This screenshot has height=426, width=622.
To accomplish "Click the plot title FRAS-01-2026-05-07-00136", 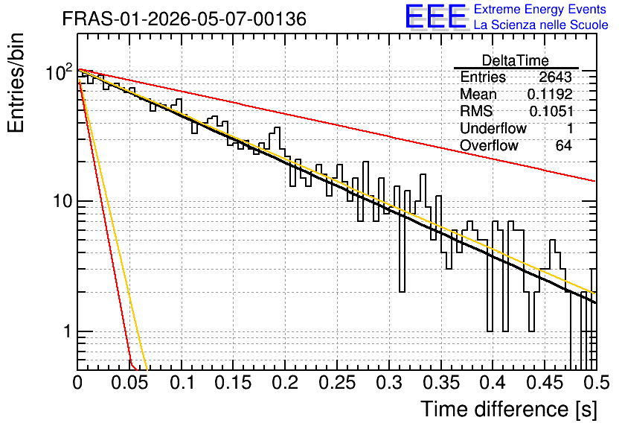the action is (185, 19).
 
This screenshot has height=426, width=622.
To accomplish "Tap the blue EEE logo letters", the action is (436, 16).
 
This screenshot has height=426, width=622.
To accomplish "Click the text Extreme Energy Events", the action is (540, 9).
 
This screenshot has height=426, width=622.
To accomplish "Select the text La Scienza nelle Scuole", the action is (541, 25).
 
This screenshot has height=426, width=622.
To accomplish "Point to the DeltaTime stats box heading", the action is (516, 60).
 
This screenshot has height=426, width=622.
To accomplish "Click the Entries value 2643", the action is (555, 77).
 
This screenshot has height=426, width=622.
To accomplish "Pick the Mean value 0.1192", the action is (550, 94).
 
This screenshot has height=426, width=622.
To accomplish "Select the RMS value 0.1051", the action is (551, 111).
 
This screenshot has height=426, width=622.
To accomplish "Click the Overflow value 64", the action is (564, 145).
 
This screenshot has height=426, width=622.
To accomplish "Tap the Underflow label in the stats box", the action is (493, 128).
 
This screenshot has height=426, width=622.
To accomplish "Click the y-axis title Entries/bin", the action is (16, 83).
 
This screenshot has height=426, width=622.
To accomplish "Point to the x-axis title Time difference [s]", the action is (509, 409).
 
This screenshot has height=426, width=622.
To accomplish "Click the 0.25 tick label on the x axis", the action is (337, 382).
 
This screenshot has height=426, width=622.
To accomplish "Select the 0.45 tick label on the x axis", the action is (545, 382).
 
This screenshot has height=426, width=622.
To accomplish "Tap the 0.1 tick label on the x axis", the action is (182, 382).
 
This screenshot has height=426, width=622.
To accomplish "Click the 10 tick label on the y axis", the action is (62, 201).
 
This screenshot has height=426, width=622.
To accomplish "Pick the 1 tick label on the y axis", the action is (67, 331).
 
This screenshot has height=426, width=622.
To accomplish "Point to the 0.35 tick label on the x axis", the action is (441, 382).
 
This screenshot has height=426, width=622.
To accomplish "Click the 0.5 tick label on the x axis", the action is (597, 382).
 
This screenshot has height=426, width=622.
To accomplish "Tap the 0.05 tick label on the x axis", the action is (129, 382).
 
